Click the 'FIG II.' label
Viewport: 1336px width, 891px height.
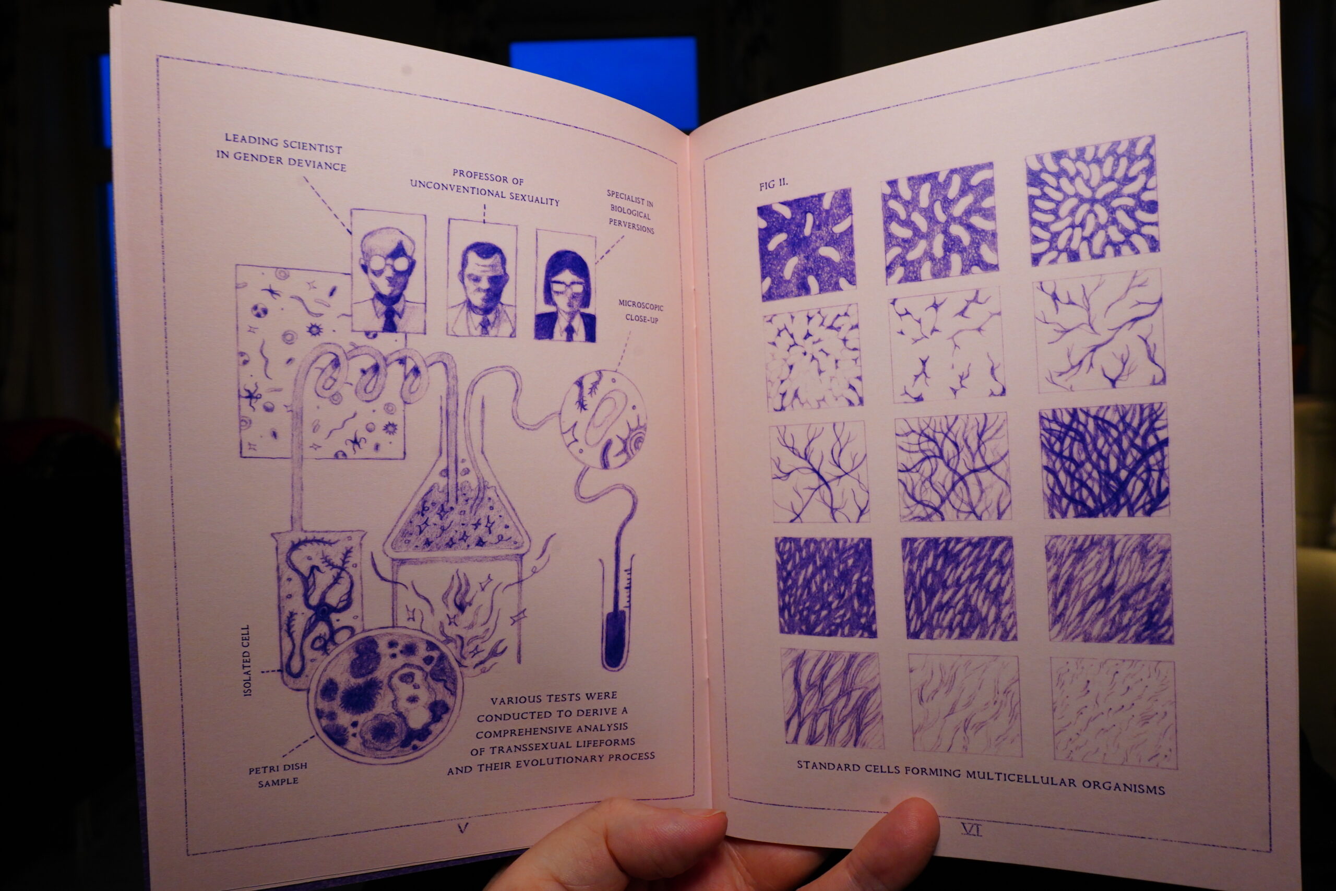[773, 185]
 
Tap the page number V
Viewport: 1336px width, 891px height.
[463, 828]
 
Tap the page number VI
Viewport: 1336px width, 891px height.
[971, 829]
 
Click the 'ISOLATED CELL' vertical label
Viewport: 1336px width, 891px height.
[246, 661]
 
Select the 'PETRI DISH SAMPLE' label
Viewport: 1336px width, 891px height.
[278, 775]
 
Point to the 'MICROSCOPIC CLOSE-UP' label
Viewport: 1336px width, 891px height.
[641, 312]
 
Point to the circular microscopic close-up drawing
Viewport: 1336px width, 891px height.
[603, 419]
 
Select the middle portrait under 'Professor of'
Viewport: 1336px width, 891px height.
[482, 278]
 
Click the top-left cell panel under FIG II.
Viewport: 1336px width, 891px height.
[807, 245]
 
